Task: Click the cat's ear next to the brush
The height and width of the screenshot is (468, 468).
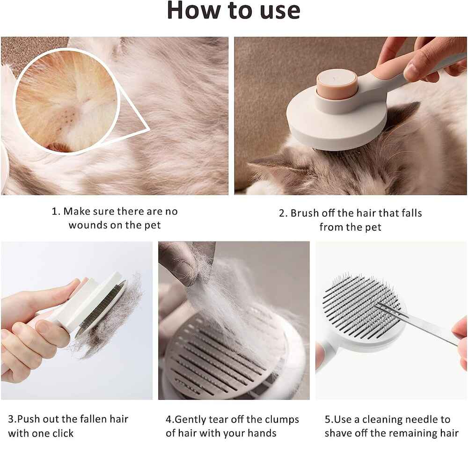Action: point(403,117)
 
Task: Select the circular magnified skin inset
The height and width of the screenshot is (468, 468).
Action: point(67,101)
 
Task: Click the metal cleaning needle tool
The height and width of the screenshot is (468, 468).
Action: point(418,324)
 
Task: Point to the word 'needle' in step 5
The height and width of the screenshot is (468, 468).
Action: point(414,419)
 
